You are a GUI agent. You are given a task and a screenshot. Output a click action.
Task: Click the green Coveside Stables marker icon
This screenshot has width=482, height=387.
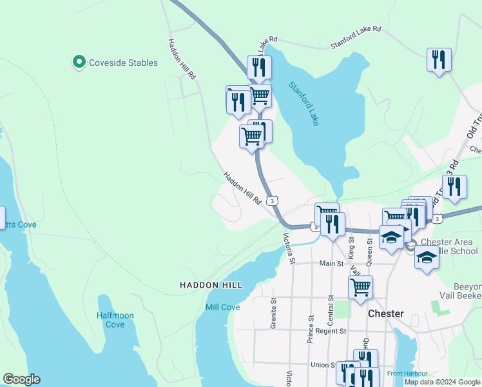(x=79, y=63)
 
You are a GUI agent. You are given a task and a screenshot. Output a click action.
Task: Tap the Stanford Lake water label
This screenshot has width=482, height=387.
(x=304, y=103)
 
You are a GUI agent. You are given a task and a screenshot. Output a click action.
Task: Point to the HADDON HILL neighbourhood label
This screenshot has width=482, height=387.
(x=211, y=284)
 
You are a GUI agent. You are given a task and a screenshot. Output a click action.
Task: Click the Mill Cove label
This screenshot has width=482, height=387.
(x=222, y=307)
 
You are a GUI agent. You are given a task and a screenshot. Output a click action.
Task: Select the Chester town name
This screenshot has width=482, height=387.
(x=385, y=313)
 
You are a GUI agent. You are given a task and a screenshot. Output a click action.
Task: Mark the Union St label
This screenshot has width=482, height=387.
(x=324, y=365)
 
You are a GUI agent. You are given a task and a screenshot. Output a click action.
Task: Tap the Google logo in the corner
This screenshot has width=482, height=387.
(x=21, y=379)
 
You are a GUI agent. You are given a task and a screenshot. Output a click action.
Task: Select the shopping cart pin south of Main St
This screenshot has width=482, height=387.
(x=360, y=286)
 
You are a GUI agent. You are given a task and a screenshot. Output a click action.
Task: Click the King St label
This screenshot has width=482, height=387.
(x=352, y=247)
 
